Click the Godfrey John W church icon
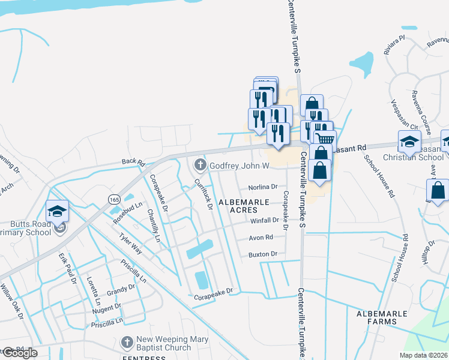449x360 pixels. coord(199,164)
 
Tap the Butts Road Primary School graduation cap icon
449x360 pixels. coord(58,211)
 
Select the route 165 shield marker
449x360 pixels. coord(114,199)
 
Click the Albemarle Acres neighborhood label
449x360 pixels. coord(243,206)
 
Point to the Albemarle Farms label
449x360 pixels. coord(376,317)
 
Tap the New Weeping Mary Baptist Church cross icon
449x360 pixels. coord(127,343)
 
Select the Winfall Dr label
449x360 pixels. coord(265,220)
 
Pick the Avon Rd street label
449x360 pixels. coord(261,238)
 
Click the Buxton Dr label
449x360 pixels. coord(262,254)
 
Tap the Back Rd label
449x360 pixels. coord(133,162)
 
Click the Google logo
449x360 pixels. coord(19,353)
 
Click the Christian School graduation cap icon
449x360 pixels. coord(409,142)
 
